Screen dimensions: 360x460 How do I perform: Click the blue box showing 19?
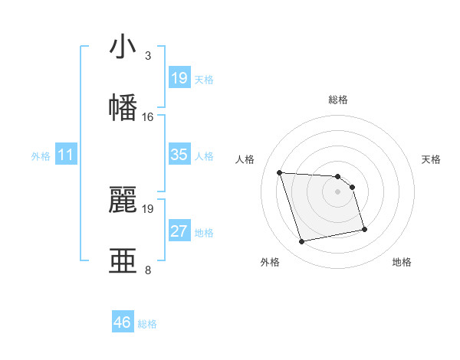coord(179,78)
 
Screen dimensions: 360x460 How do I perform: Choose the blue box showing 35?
coord(179,155)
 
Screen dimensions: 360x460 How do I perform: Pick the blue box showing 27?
coord(179,231)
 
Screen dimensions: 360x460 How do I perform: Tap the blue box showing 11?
coord(66,155)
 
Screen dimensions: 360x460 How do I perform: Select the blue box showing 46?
coord(123,322)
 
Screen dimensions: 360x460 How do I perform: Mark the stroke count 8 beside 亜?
coord(147,270)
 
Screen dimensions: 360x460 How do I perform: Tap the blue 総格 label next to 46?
coord(147,324)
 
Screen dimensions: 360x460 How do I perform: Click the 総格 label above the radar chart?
coord(338,100)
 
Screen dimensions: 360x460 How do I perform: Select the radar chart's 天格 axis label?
coord(431,159)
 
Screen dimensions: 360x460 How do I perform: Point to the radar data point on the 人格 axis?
coord(280,172)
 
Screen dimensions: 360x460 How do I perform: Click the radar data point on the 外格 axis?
coord(302,242)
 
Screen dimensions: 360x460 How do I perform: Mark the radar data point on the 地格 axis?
coord(364,229)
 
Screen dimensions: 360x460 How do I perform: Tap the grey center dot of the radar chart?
coord(338,191)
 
